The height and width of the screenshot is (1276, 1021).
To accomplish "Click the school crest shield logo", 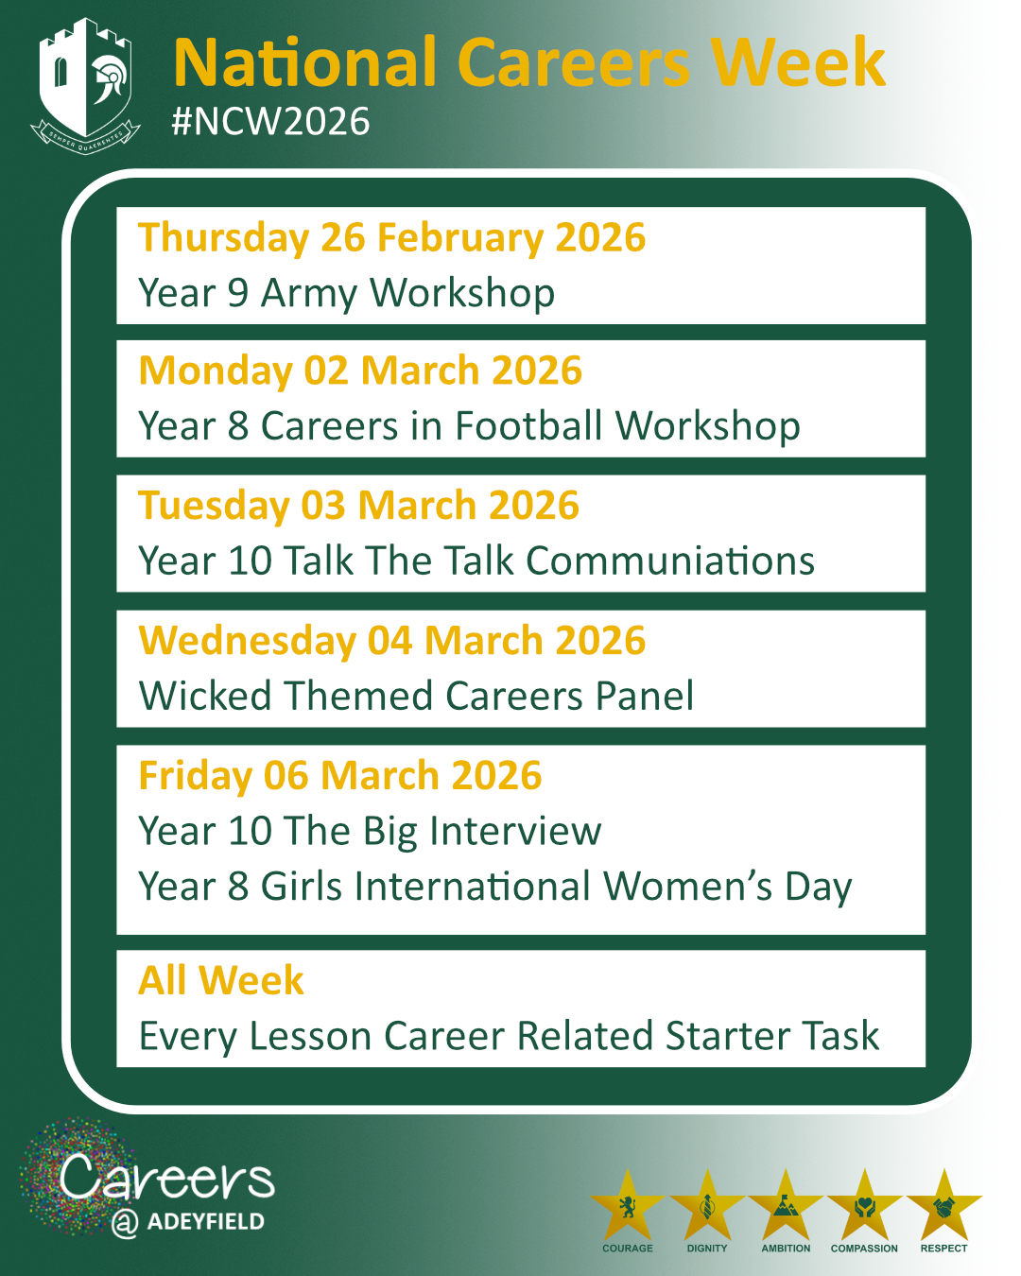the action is (x=85, y=86).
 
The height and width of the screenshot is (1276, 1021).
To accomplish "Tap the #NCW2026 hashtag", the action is (x=270, y=122).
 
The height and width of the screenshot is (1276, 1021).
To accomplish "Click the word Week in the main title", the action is (x=799, y=61).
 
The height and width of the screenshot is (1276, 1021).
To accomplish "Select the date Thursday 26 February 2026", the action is (x=391, y=237).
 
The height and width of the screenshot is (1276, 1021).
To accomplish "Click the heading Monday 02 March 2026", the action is (x=360, y=371).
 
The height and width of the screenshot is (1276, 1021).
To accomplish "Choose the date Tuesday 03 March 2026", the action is (x=358, y=505).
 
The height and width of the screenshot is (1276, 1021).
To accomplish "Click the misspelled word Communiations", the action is (x=670, y=560).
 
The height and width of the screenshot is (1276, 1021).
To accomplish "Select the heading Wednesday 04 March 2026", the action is (x=391, y=641).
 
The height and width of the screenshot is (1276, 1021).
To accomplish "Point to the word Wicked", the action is (x=205, y=695).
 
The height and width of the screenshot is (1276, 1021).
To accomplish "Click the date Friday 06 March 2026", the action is (x=340, y=776).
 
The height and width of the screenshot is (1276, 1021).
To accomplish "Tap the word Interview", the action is (x=515, y=831).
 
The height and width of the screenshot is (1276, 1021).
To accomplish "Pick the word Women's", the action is (x=688, y=887).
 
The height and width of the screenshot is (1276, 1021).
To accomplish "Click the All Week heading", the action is (x=220, y=980).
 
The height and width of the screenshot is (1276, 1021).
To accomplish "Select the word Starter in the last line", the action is (x=728, y=1036).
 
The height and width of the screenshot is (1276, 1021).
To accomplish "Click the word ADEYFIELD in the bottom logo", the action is (x=206, y=1221).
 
